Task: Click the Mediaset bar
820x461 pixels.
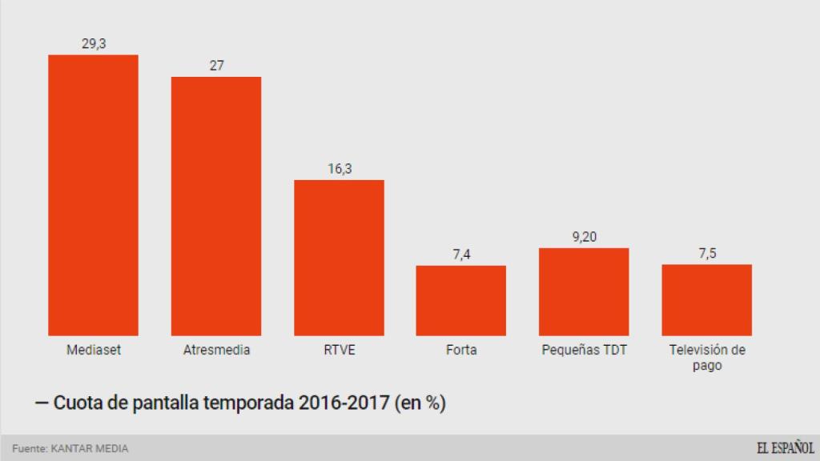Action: click(x=93, y=195)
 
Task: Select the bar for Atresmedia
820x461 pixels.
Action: click(x=216, y=206)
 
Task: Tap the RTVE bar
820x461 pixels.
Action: click(x=339, y=258)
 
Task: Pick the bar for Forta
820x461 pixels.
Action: click(x=460, y=300)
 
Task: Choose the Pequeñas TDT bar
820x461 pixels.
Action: click(x=584, y=291)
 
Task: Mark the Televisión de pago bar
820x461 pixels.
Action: click(x=706, y=299)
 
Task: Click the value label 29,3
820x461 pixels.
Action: click(x=94, y=44)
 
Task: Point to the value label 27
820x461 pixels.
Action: click(x=216, y=66)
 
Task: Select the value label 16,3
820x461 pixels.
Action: click(x=339, y=169)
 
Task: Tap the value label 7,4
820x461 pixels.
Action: click(x=461, y=255)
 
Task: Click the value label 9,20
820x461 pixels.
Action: click(x=584, y=237)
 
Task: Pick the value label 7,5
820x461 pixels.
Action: click(x=707, y=254)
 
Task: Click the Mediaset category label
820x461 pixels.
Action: click(x=94, y=351)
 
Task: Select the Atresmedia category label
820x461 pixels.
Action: click(x=216, y=351)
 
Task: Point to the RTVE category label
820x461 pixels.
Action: click(x=339, y=351)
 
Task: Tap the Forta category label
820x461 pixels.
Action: click(x=461, y=351)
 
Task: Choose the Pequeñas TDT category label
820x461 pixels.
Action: click(x=584, y=351)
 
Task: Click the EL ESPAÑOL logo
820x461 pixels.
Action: click(x=785, y=448)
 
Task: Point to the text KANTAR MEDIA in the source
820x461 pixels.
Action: click(x=89, y=449)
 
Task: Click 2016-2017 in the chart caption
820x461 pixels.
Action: click(x=344, y=403)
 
